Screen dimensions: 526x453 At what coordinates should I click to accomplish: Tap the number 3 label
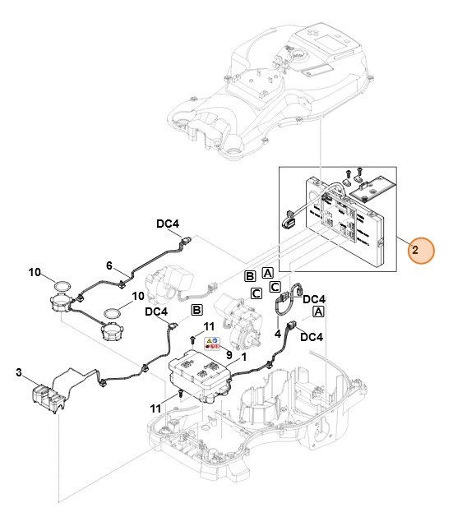pyautogui.click(x=18, y=372)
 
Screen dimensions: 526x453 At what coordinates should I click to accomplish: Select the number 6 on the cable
pyautogui.click(x=108, y=265)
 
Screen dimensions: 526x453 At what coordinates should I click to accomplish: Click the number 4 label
pyautogui.click(x=279, y=334)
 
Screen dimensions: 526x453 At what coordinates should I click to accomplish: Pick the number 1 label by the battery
pyautogui.click(x=243, y=358)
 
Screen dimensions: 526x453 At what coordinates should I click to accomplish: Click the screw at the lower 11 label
pyautogui.click(x=178, y=394)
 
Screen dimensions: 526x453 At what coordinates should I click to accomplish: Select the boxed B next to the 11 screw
pyautogui.click(x=196, y=310)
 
